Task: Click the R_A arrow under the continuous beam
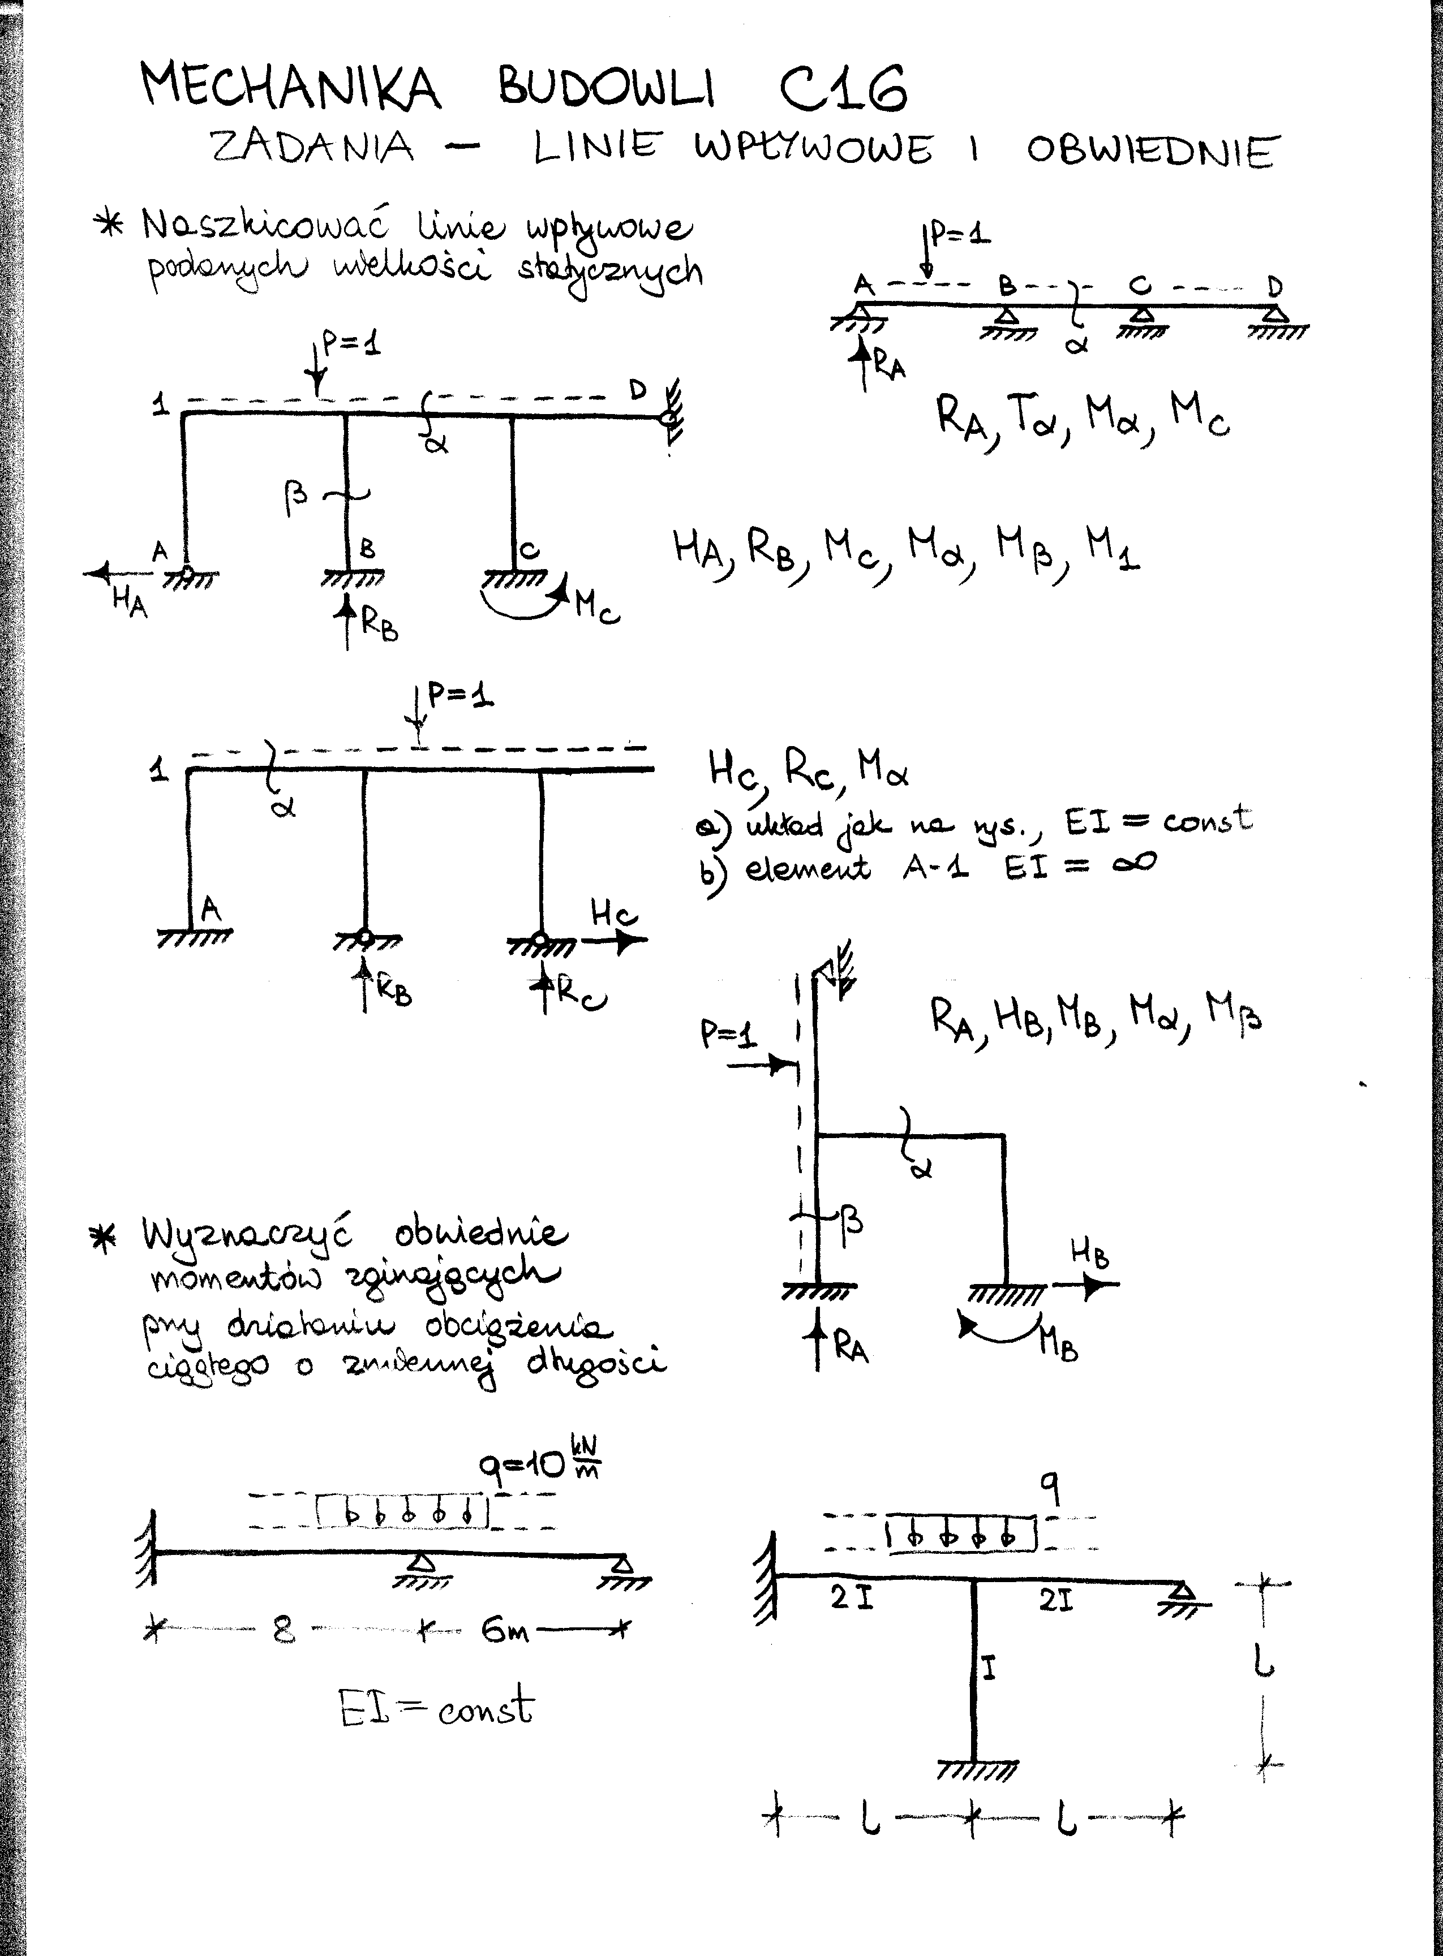coord(864,363)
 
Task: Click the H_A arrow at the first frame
coord(118,573)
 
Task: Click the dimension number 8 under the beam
coord(283,1630)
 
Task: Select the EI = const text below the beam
coord(437,1707)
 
